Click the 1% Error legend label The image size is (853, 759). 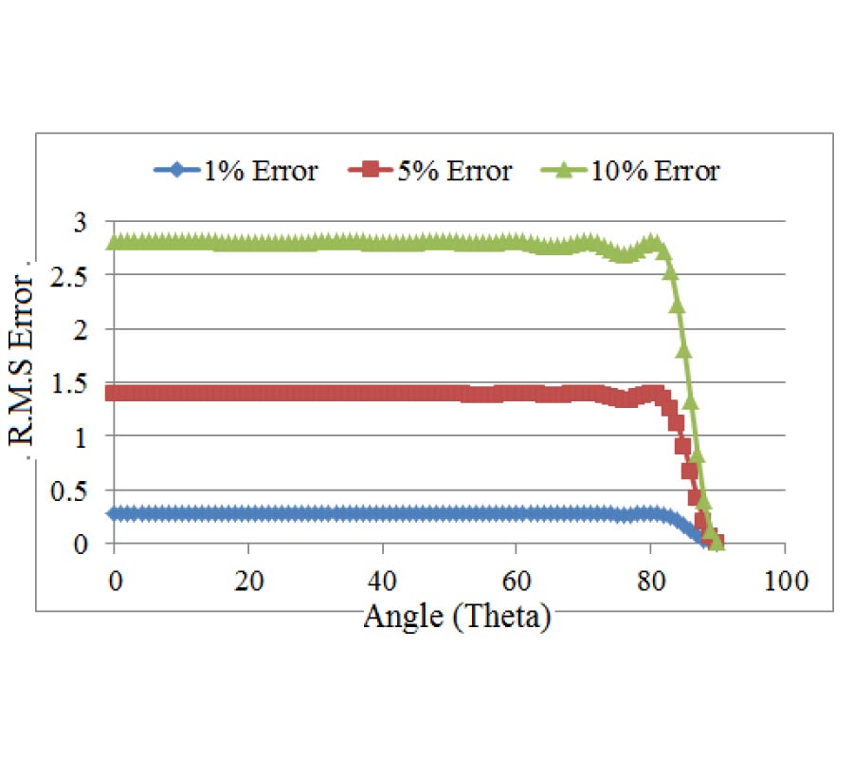pos(258,172)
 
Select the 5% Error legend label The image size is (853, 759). pos(452,172)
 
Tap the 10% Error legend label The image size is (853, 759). pos(655,172)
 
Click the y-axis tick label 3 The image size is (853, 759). pos(82,222)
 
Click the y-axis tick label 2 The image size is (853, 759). pos(82,329)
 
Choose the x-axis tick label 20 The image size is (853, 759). pos(248,579)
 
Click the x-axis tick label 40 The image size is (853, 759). pos(382,579)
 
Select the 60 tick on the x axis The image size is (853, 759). pos(517,579)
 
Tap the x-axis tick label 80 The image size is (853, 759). pos(651,579)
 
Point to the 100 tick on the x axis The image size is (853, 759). pos(785,579)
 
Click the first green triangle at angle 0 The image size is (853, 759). pos(115,241)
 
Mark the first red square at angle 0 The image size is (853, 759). pos(115,393)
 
